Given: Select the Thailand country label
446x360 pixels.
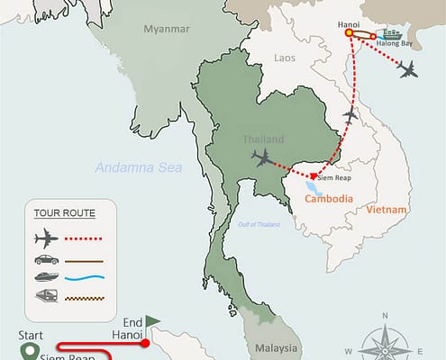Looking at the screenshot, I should [263, 139].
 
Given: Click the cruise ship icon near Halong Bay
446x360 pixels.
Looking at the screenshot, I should [392, 35].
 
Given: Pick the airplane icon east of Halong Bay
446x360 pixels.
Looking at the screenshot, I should [409, 70].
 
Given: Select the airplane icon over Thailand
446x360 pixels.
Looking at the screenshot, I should [263, 159].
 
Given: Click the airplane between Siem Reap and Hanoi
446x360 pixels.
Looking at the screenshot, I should [350, 114].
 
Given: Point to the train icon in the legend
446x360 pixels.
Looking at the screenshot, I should [44, 296].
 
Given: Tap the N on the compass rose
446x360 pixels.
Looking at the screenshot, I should [385, 316].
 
